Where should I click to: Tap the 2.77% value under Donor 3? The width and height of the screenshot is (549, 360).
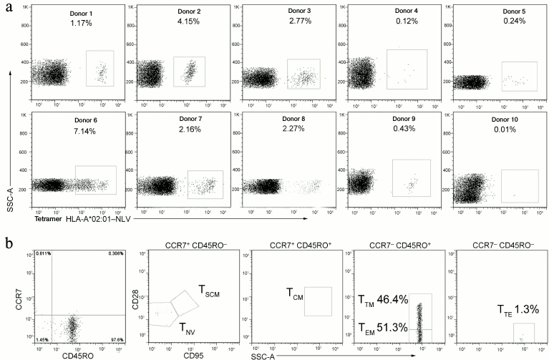(278, 24)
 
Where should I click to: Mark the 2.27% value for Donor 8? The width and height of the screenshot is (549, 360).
(279, 133)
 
